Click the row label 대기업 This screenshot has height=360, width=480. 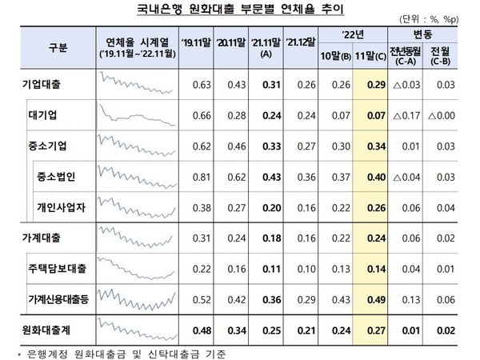pos(50,114)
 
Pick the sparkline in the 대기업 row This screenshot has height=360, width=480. pos(137,114)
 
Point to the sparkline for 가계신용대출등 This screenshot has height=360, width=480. pos(137,298)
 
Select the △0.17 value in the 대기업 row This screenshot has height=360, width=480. pos(403,114)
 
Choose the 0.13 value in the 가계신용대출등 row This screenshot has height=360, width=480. pos(404,298)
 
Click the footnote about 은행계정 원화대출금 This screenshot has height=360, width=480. pos(120,351)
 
